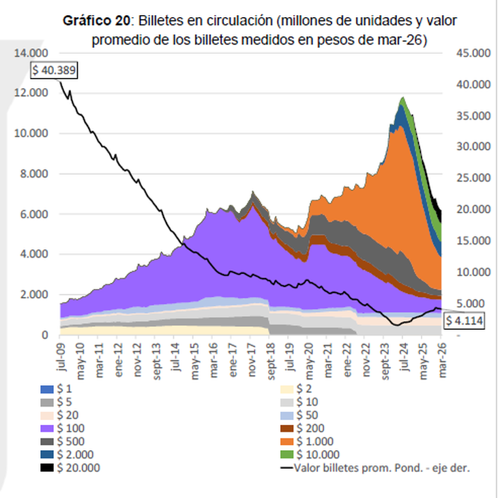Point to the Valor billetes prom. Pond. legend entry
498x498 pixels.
point(376,468)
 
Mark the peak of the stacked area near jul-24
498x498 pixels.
point(402,98)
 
